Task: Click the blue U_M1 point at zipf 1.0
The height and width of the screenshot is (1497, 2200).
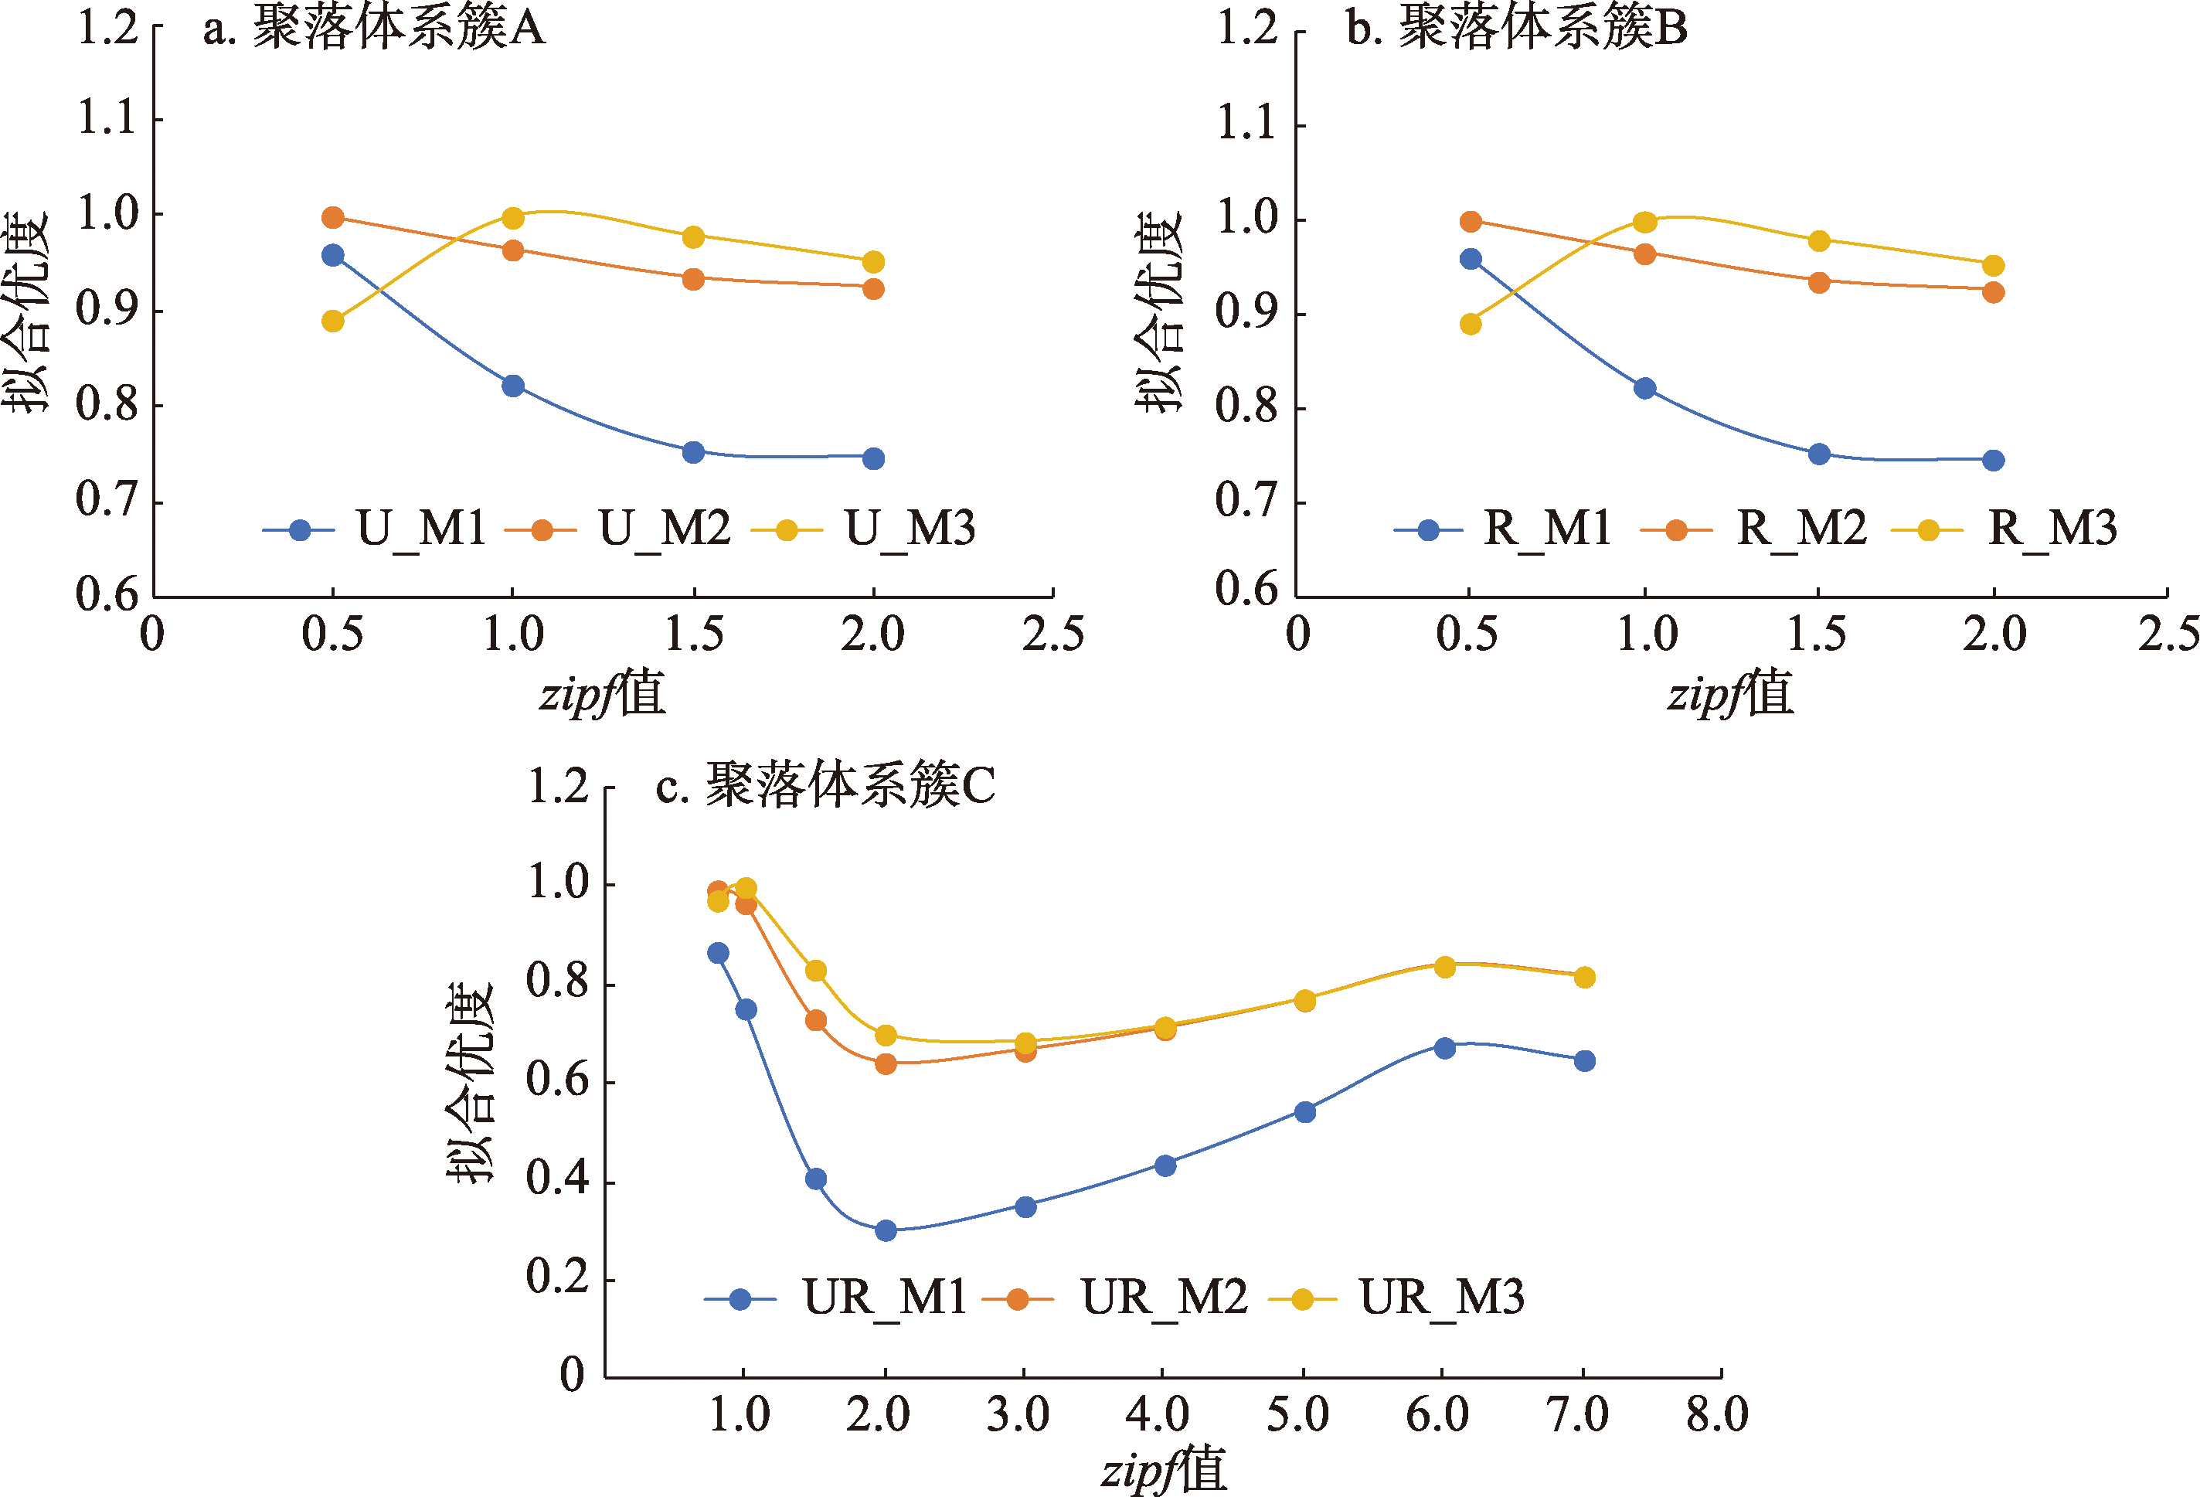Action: click(x=513, y=386)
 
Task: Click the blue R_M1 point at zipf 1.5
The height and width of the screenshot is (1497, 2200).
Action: click(x=1818, y=454)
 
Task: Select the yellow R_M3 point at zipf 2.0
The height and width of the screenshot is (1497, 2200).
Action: click(x=1994, y=266)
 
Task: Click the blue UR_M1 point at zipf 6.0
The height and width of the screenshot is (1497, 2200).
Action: click(x=1444, y=1048)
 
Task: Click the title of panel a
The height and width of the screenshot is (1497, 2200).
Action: click(x=374, y=29)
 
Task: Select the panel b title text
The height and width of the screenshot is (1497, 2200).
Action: click(x=1517, y=29)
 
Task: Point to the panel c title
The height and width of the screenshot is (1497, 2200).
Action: click(x=825, y=786)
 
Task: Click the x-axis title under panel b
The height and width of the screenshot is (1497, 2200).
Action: click(x=1729, y=694)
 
